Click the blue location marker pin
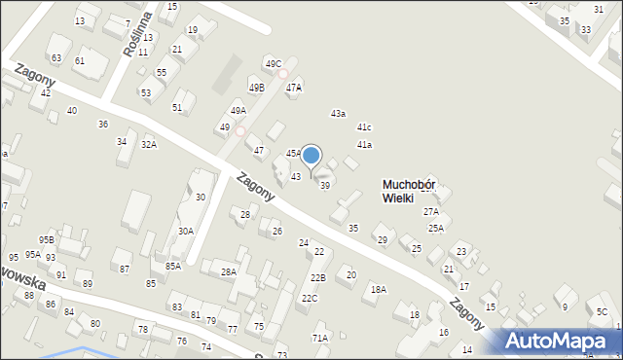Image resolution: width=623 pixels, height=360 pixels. [x=311, y=156]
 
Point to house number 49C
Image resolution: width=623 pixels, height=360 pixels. [x=274, y=64]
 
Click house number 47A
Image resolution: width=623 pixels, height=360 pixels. [x=294, y=88]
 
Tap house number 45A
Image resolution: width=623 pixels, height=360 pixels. [x=294, y=153]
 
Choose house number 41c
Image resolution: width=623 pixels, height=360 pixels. [x=364, y=127]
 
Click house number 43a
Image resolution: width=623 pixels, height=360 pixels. [x=338, y=114]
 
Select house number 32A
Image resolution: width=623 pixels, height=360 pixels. [x=148, y=144]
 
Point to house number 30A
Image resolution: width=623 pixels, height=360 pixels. [x=185, y=231]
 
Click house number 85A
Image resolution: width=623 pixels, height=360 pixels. [x=173, y=266]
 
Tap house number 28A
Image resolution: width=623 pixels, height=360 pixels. [x=229, y=272]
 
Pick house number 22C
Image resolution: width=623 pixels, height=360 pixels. [x=309, y=298]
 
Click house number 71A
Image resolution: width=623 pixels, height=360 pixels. [x=319, y=338]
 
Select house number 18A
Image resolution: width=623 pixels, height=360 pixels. [x=378, y=289]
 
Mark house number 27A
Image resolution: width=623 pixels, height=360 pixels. [x=430, y=211]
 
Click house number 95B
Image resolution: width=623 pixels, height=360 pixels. [x=46, y=239]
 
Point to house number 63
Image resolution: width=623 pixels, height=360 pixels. [x=56, y=58]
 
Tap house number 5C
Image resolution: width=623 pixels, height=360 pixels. [x=603, y=312]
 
